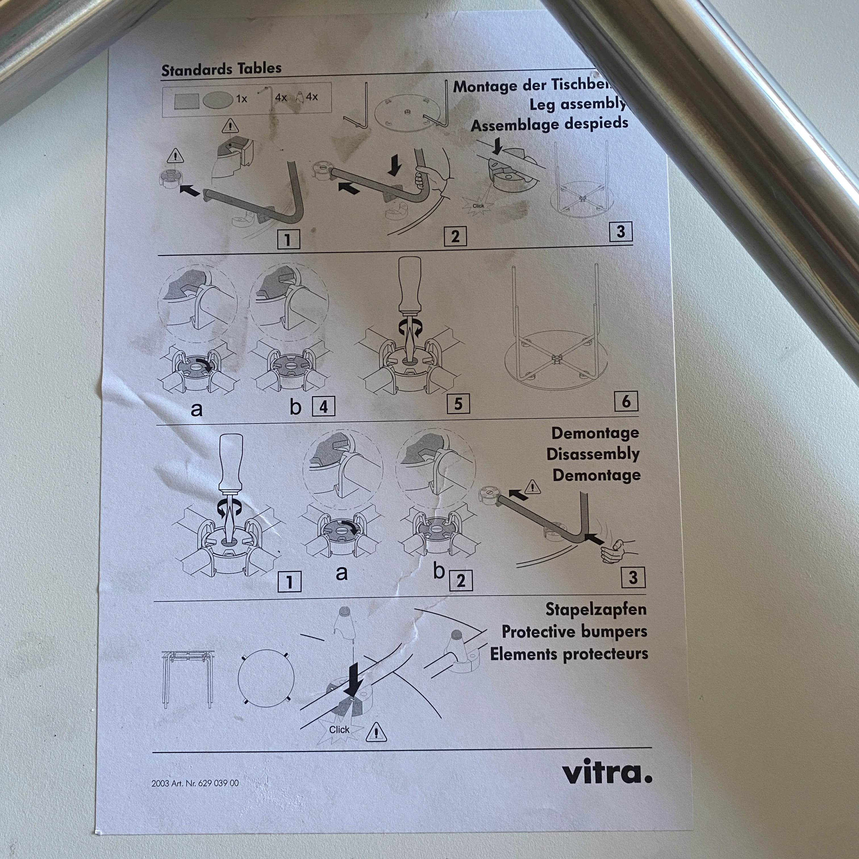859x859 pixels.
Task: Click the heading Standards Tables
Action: [x=221, y=69]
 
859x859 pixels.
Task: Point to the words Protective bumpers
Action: [x=574, y=631]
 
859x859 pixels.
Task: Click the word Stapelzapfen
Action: [x=596, y=609]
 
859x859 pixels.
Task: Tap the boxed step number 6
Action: [x=626, y=401]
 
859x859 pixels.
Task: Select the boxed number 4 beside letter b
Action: [x=324, y=406]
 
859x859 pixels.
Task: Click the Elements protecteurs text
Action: [x=569, y=654]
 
